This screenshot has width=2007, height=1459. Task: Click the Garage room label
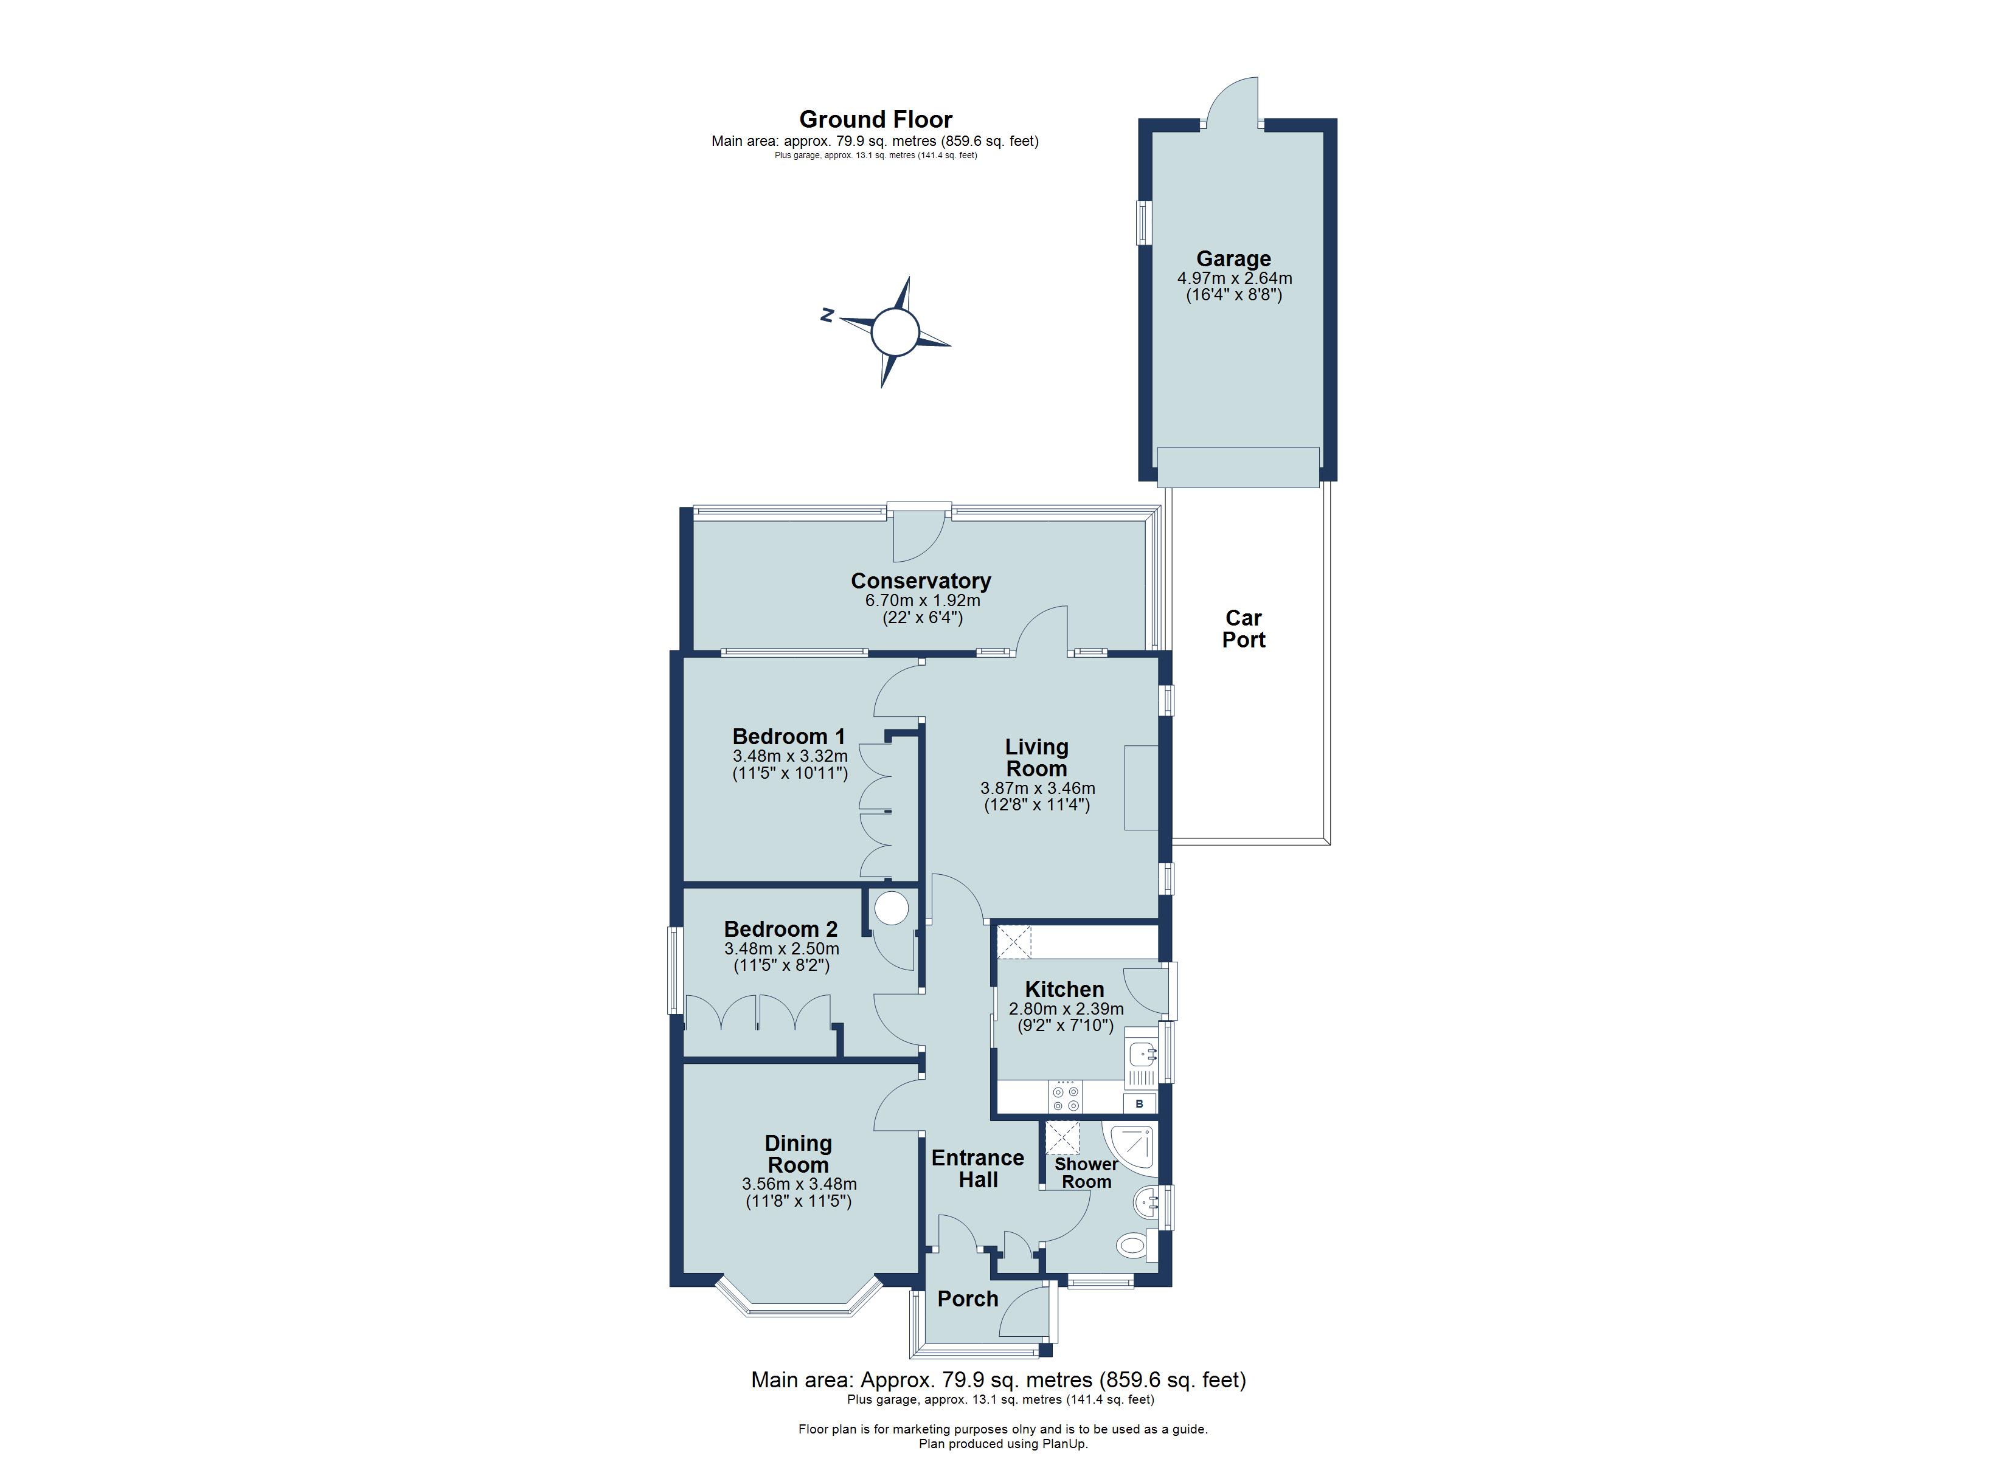click(1233, 259)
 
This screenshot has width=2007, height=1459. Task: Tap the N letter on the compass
click(827, 314)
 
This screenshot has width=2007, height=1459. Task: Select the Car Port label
click(1243, 629)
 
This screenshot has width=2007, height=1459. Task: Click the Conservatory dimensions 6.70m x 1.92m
click(922, 601)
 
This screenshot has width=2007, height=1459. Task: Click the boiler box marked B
click(1140, 1103)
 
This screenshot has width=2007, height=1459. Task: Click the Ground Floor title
click(875, 119)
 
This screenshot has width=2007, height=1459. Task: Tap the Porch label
click(967, 1299)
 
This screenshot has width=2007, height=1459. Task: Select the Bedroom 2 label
click(780, 929)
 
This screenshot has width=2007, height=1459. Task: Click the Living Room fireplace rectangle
click(1141, 787)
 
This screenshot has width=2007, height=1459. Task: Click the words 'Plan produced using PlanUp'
click(1003, 1444)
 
